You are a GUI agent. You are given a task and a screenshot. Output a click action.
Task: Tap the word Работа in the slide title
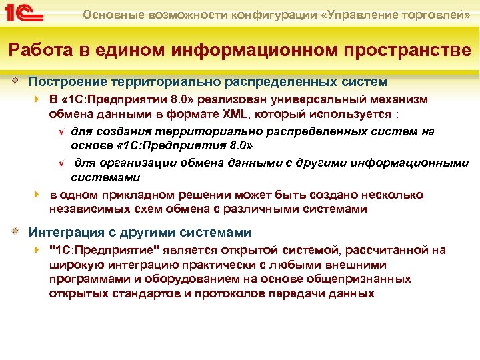[x=33, y=50]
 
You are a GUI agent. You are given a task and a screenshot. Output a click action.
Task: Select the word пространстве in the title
[x=408, y=50]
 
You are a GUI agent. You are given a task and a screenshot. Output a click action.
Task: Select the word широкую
[x=72, y=265]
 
